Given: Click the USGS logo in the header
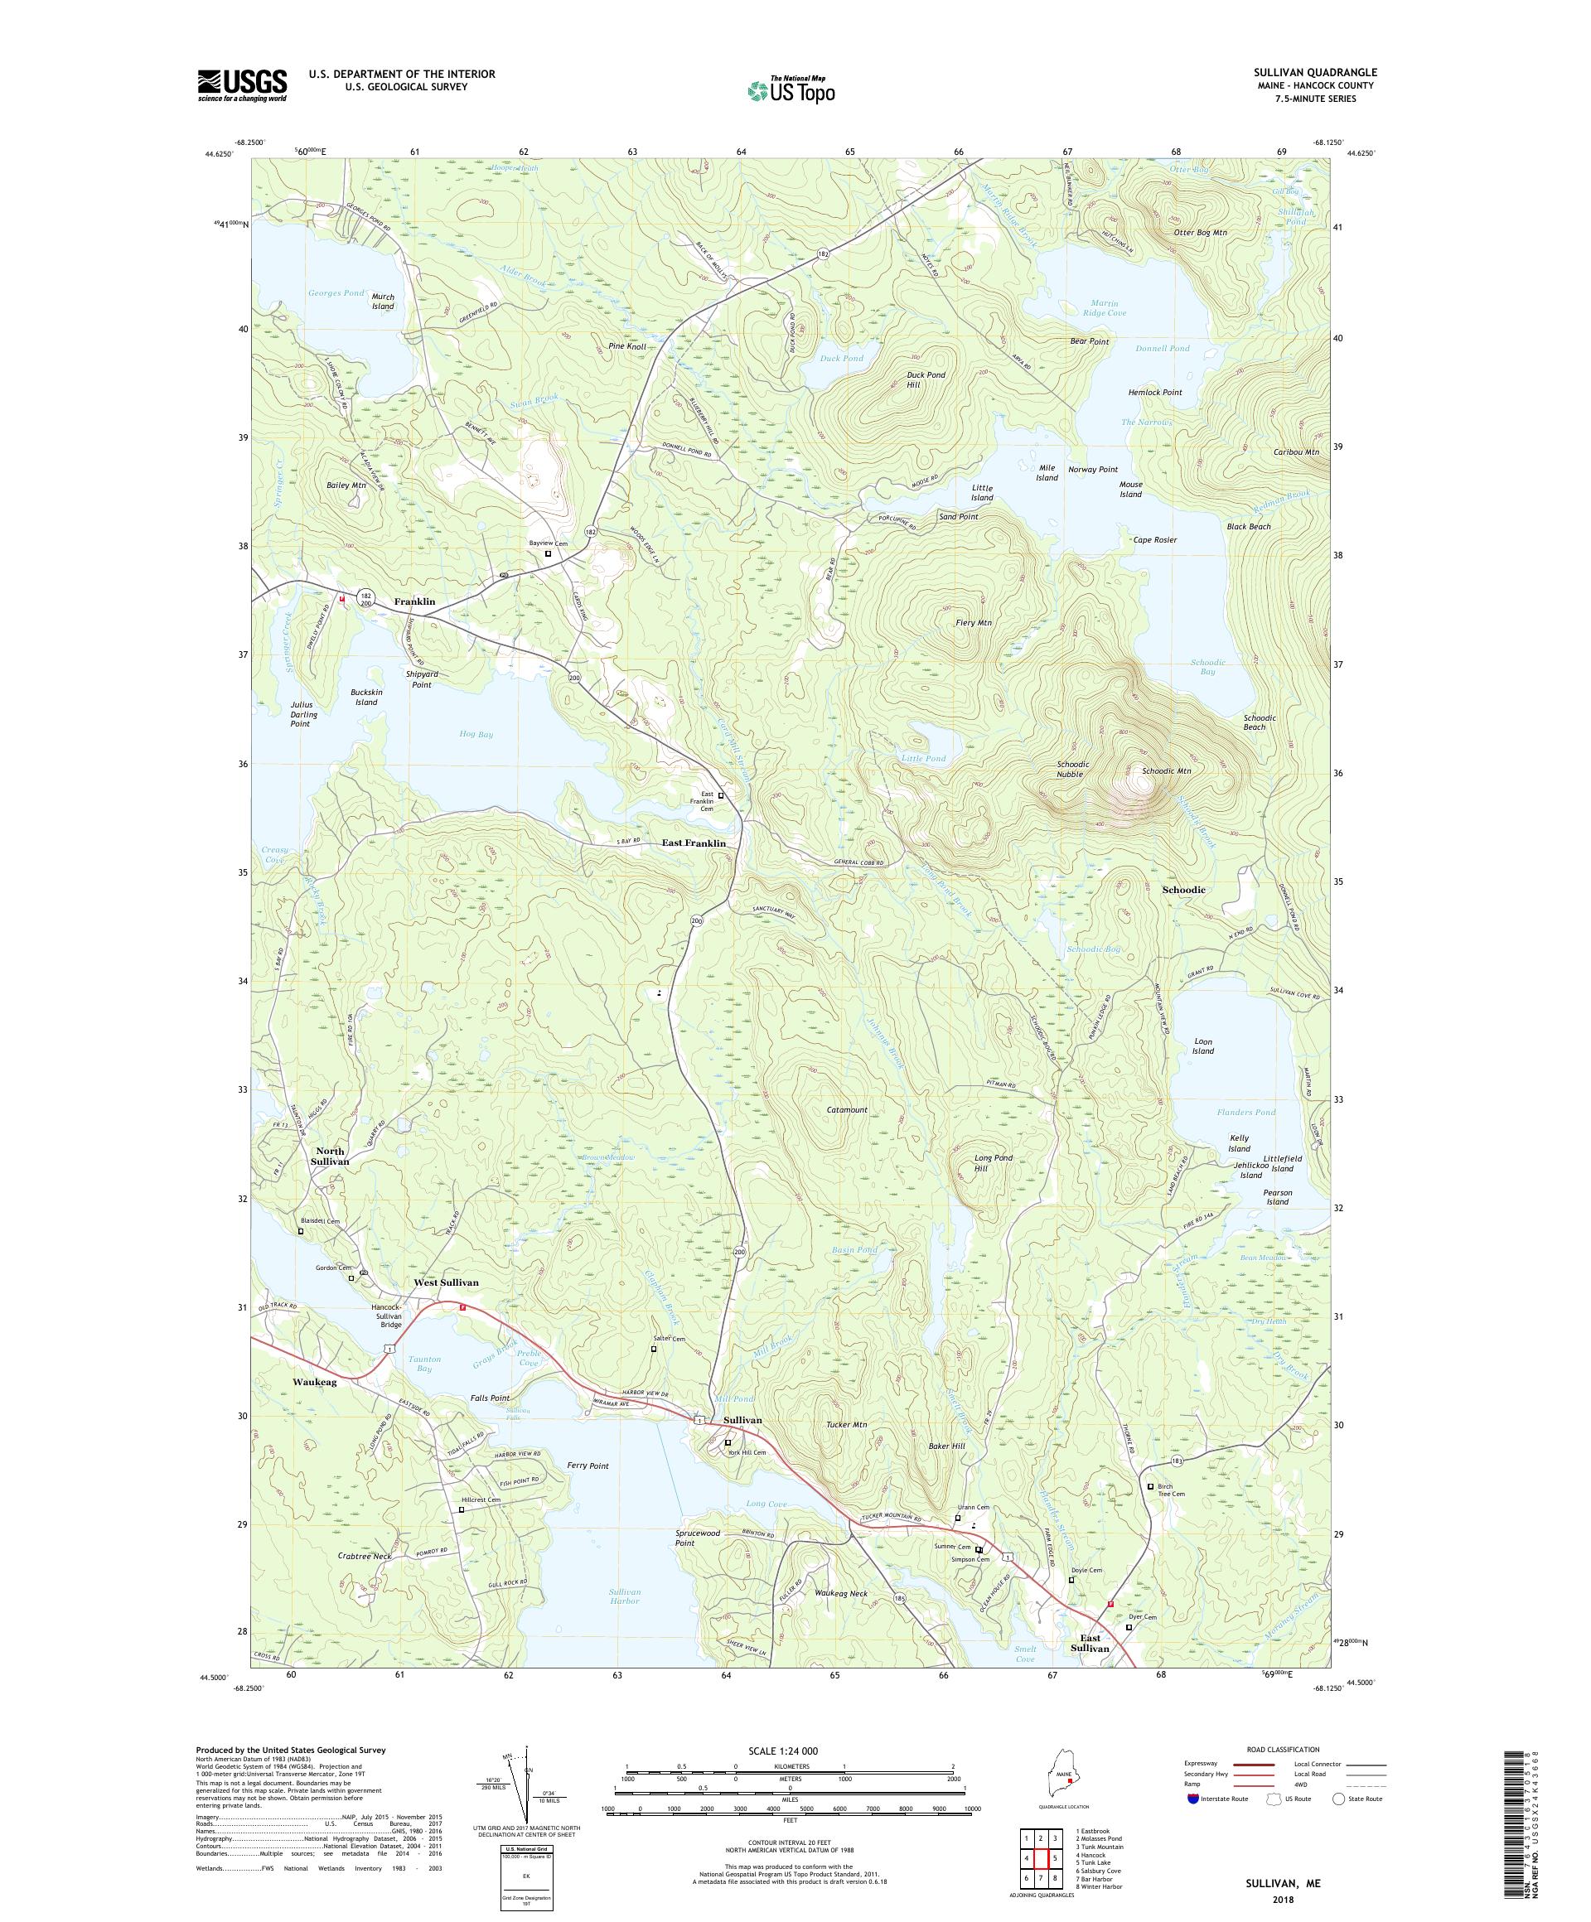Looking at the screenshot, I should coord(242,85).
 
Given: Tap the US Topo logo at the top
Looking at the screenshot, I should coord(791,89).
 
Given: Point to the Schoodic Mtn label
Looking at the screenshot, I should coord(1165,770).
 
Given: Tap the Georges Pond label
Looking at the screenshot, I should coord(335,293).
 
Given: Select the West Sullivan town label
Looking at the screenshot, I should coord(445,1282).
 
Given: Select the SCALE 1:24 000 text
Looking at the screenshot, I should coord(789,1750).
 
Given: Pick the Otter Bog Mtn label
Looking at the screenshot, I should coord(1199,233).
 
